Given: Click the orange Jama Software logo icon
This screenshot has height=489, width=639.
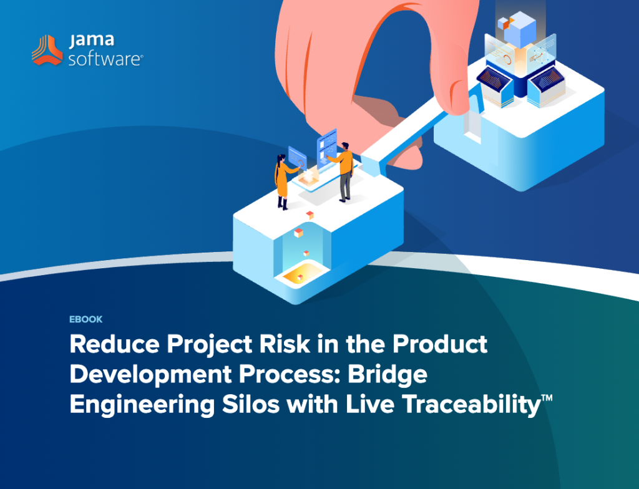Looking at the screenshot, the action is (47, 50).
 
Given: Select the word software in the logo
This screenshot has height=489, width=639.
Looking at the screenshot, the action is (105, 59).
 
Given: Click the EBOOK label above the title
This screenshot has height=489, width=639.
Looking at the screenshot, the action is (85, 319).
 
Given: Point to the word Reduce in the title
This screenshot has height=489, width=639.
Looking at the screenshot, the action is (115, 344).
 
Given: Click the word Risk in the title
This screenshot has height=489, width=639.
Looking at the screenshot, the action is (285, 344).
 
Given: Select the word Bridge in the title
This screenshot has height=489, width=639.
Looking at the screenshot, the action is (387, 375).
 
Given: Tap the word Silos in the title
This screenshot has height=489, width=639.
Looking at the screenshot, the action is (251, 404).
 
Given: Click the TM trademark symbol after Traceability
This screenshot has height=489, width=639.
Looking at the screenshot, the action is (547, 397).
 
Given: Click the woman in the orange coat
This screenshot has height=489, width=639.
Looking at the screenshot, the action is (283, 182).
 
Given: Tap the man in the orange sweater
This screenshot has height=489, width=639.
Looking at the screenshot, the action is (344, 171).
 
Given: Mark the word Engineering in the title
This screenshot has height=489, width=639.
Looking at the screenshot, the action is (142, 405).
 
